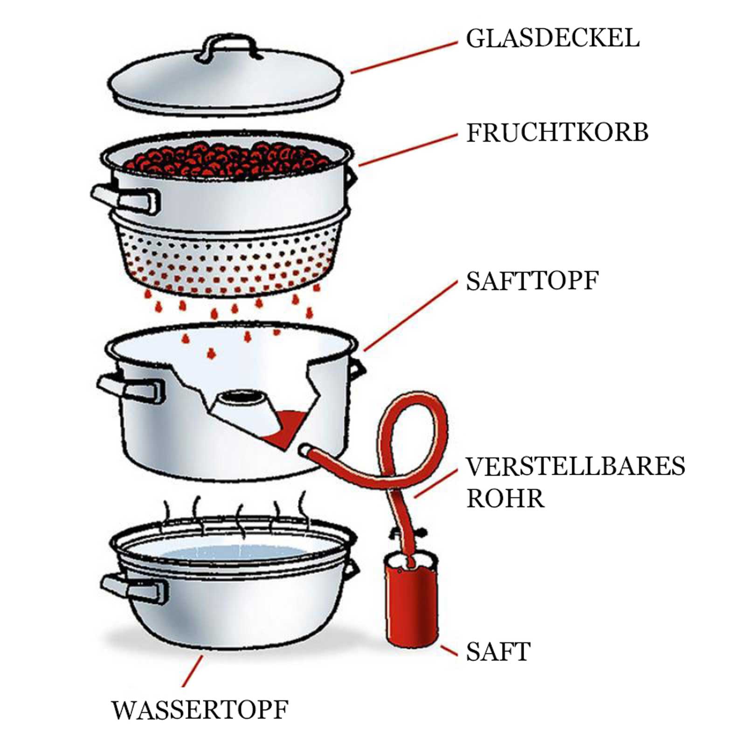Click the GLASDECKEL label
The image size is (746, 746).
pos(553,38)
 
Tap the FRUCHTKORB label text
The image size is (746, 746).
pos(557,133)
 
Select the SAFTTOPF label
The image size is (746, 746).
pos(532,281)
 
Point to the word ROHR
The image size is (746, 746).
pos(505,498)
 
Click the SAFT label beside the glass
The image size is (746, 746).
pos(498,651)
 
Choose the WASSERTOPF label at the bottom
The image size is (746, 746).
pos(200,710)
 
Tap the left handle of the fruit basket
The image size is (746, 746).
pos(126,199)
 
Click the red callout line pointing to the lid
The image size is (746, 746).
pos(403,58)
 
